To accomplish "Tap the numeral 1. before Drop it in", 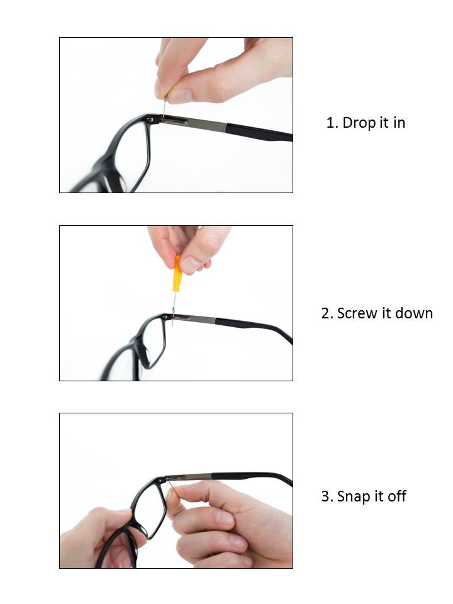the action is [x=332, y=123].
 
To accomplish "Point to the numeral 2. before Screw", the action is [x=327, y=313].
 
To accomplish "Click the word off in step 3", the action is [x=397, y=496].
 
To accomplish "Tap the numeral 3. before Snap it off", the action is [x=327, y=496].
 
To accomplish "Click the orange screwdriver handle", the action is [x=177, y=274].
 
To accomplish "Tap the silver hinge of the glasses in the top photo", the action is [x=174, y=121].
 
